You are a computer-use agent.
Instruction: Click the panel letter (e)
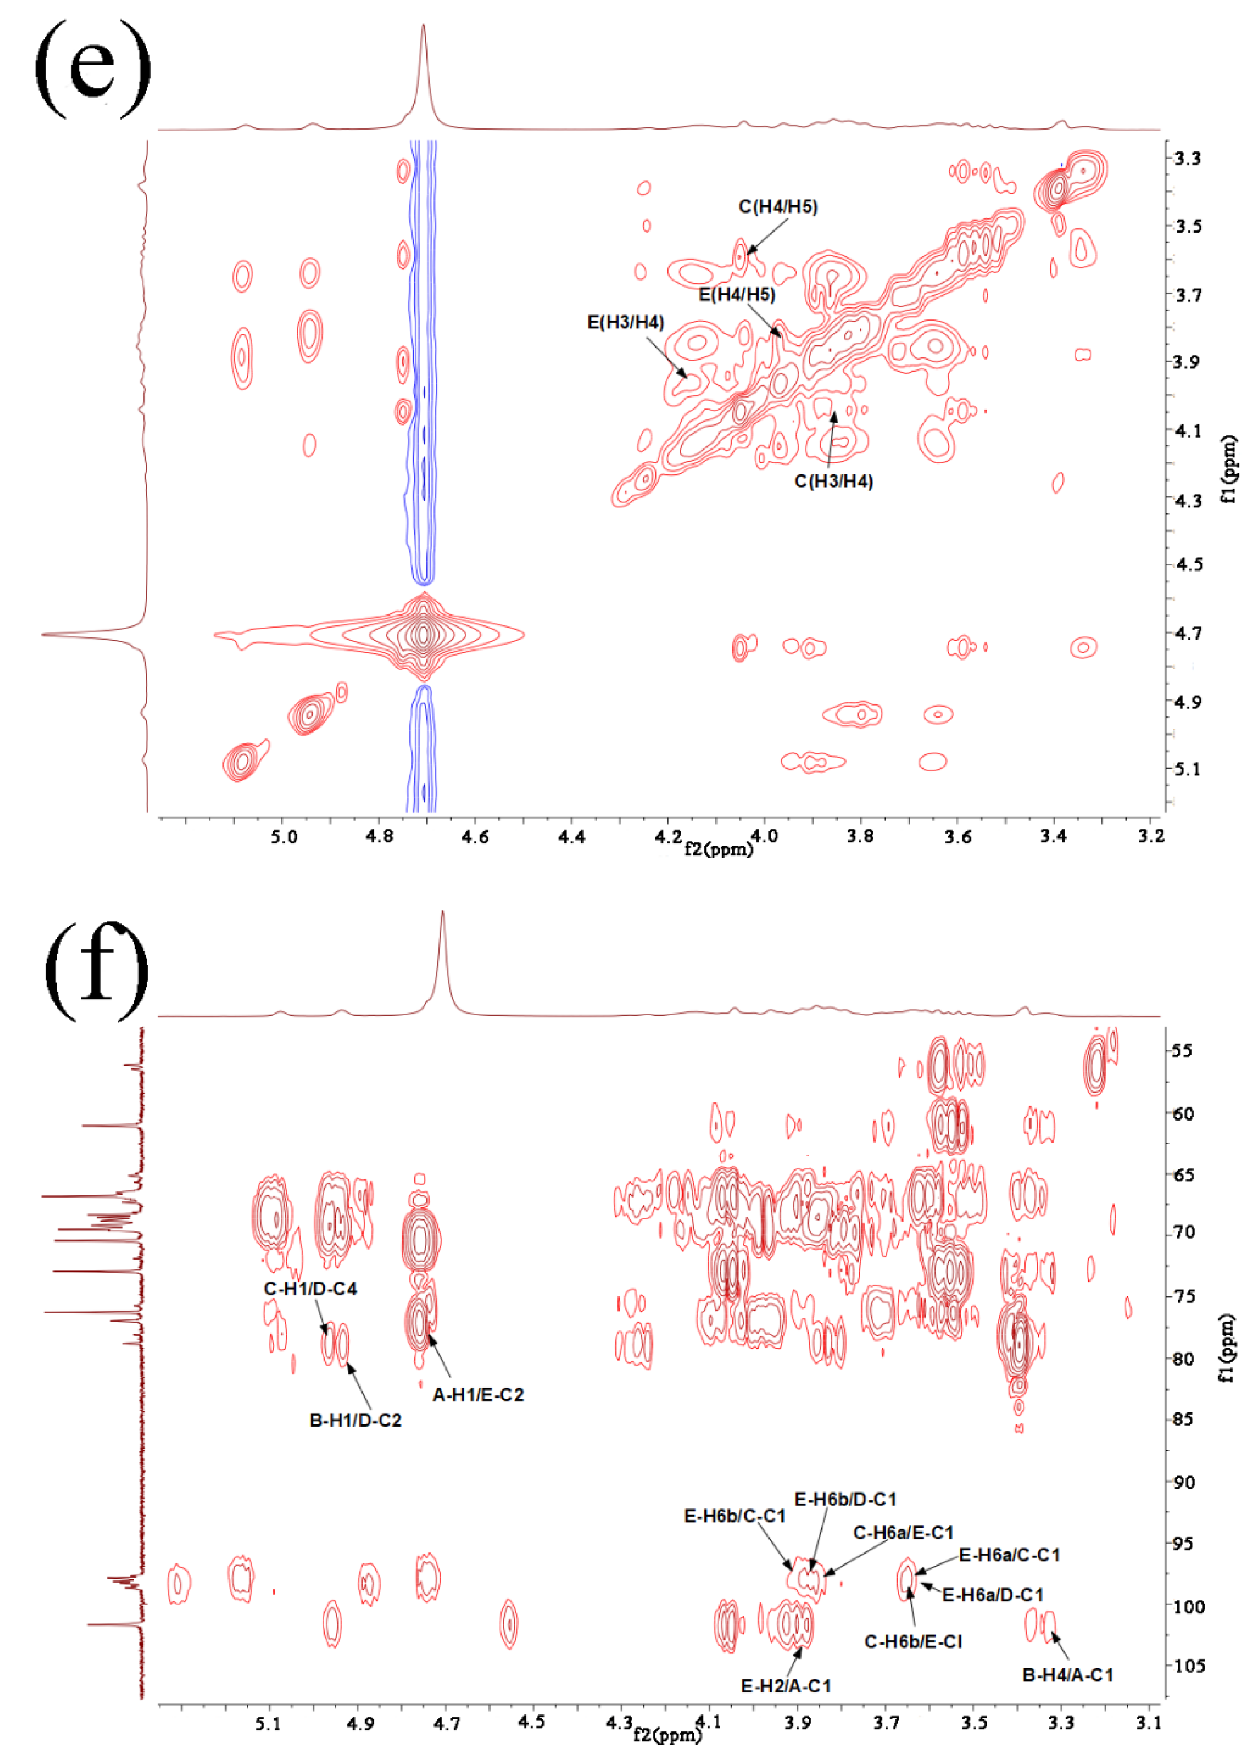point(92,69)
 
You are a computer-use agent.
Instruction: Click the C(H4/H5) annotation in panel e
point(777,206)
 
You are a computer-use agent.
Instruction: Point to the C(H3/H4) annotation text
point(834,482)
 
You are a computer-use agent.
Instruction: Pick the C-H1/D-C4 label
point(311,1288)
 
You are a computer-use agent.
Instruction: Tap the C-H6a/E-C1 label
point(903,1533)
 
